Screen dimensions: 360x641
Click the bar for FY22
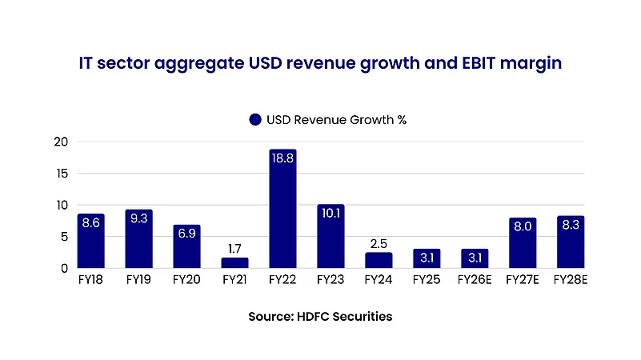click(282, 210)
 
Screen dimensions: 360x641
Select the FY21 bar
click(234, 263)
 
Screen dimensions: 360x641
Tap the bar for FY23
click(331, 237)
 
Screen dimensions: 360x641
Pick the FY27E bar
click(523, 243)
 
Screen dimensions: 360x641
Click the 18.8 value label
click(282, 159)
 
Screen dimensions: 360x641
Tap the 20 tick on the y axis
click(61, 142)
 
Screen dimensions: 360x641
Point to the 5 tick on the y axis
click(64, 237)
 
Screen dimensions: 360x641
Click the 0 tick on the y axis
click(64, 269)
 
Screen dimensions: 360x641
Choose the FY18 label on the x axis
click(90, 282)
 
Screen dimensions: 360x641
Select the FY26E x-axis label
click(475, 282)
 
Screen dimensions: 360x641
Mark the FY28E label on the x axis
click(571, 282)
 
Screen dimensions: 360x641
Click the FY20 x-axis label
click(186, 282)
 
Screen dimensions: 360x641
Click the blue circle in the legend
click(255, 120)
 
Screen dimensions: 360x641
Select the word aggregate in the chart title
click(197, 62)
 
